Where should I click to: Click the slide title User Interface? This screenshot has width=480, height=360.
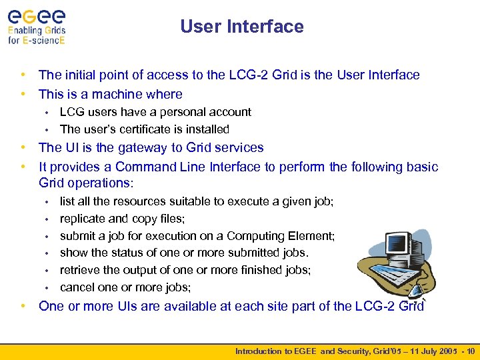(x=241, y=27)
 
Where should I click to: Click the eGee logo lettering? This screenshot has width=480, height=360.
(x=37, y=14)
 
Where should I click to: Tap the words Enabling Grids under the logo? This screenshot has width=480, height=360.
(x=37, y=30)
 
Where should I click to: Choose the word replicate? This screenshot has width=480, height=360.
(x=83, y=219)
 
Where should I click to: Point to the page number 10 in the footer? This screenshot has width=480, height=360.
(x=471, y=351)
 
